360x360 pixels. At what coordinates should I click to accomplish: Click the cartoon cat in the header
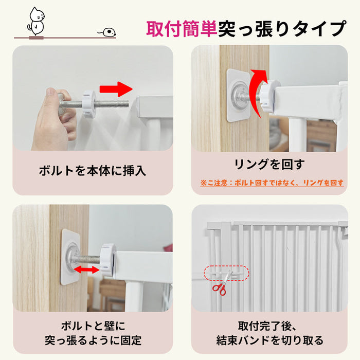(37, 22)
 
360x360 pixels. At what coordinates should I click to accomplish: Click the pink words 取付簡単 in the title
(182, 29)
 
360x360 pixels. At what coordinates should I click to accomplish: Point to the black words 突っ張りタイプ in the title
(282, 29)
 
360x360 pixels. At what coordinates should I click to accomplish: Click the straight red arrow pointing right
(116, 89)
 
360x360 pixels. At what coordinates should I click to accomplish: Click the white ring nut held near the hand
(88, 104)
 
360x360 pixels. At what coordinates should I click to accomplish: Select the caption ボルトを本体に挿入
(93, 171)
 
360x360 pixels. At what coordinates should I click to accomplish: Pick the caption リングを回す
(269, 165)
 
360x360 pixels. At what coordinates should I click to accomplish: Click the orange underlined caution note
(272, 183)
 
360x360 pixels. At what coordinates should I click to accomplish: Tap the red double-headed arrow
(87, 269)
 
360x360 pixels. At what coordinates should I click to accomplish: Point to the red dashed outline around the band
(226, 266)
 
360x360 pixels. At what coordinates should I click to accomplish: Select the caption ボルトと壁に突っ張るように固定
(93, 333)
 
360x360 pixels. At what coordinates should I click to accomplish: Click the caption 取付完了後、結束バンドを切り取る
(270, 333)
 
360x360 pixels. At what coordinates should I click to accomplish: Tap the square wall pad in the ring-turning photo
(238, 95)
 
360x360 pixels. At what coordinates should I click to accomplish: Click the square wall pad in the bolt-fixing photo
(71, 257)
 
